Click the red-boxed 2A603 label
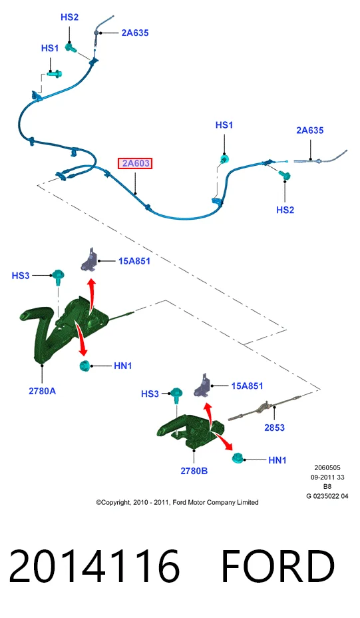[x=135, y=163]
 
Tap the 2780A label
[x=42, y=391]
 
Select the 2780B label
[x=194, y=471]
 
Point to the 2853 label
[x=274, y=428]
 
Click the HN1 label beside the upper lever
[x=123, y=366]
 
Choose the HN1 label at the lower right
[x=277, y=460]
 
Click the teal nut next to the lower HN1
[x=238, y=458]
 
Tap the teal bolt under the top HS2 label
[x=71, y=49]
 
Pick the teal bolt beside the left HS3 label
[x=59, y=276]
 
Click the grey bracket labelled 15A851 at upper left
[x=89, y=260]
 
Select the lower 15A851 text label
[x=247, y=386]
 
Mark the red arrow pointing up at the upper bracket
[x=92, y=294]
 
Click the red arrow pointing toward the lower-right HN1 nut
[x=222, y=441]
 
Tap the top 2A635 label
[x=135, y=33]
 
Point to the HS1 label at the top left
[x=50, y=48]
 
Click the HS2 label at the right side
[x=285, y=210]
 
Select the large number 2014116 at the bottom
[x=94, y=566]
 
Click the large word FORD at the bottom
[x=278, y=566]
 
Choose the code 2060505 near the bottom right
[x=327, y=468]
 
